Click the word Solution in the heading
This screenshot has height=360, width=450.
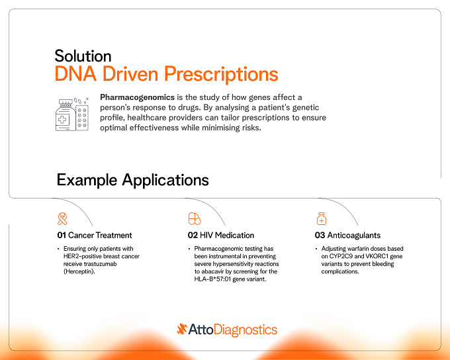click(83, 56)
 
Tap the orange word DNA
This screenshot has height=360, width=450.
click(75, 73)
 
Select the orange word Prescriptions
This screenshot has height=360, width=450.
click(221, 74)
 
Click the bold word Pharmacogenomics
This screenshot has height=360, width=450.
click(137, 97)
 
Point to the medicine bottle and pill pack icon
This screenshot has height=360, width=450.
click(71, 114)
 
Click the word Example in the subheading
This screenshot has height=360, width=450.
click(87, 180)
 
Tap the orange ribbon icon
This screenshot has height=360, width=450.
click(62, 219)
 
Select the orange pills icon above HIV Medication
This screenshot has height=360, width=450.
click(195, 219)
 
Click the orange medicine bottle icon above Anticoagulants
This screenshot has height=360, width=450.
click(322, 219)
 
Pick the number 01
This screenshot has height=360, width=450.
click(62, 236)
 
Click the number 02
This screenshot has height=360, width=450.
click(193, 236)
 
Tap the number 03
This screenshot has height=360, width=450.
click(320, 236)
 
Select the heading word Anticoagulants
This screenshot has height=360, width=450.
click(354, 236)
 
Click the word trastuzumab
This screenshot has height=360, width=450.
click(100, 264)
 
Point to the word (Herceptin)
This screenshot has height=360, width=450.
click(79, 271)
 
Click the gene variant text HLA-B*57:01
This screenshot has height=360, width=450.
click(212, 279)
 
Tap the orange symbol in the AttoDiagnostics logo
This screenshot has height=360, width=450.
click(182, 329)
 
